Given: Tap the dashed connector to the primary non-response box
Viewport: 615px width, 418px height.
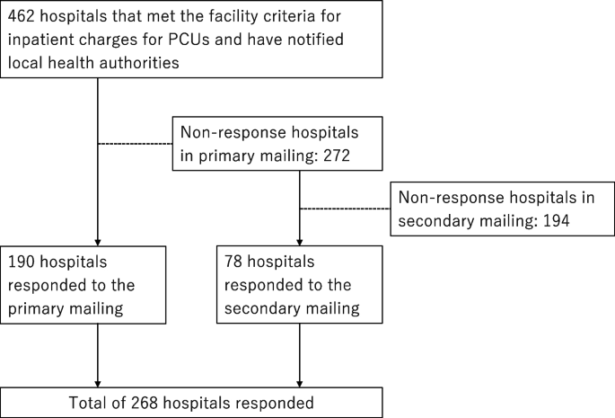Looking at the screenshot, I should (x=135, y=144).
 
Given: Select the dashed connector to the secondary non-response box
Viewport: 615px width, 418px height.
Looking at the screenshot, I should (x=345, y=209).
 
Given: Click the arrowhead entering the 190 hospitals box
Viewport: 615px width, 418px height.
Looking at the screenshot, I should (x=97, y=238).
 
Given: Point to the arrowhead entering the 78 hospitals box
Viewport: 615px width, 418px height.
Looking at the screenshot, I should (x=299, y=238).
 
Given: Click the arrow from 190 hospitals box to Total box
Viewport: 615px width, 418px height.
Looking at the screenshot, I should (x=97, y=354).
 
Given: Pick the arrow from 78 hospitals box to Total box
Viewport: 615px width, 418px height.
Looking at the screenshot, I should (x=299, y=354).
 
